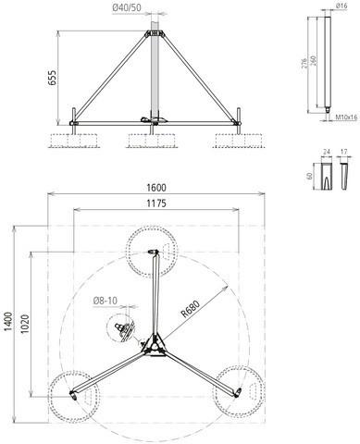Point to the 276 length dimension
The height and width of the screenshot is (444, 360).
coord(306,65)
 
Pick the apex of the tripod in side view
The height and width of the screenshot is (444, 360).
coord(155,34)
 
